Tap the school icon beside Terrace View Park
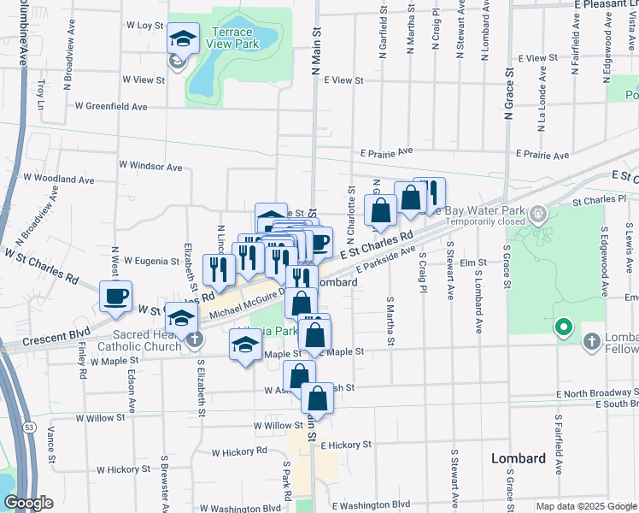click(x=182, y=38)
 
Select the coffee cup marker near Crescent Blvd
click(x=115, y=296)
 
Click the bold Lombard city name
click(x=519, y=458)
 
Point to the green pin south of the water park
click(x=563, y=327)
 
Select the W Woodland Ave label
click(x=59, y=180)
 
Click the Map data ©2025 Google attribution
click(x=585, y=506)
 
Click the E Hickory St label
click(x=347, y=445)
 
